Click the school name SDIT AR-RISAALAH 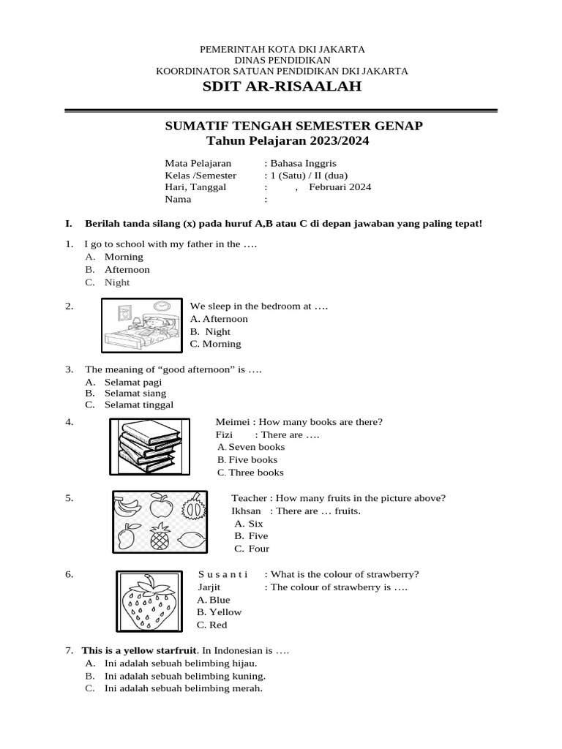tap(282, 88)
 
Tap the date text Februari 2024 tap(340, 187)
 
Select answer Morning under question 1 tap(124, 257)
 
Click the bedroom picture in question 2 tap(140, 325)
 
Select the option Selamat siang tap(135, 393)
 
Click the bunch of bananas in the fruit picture tap(128, 505)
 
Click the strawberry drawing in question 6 tap(149, 601)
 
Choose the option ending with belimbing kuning tap(184, 676)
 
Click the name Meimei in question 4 tap(232, 422)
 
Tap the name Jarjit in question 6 tap(209, 587)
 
